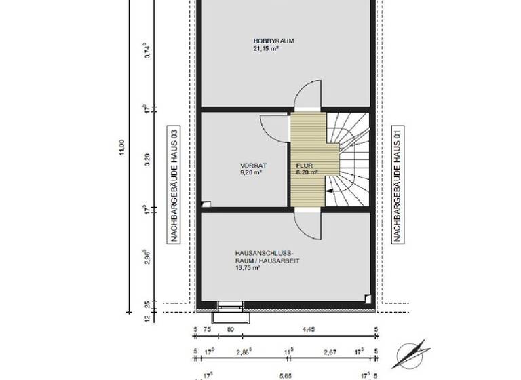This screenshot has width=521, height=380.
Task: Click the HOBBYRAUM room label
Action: click(273, 41)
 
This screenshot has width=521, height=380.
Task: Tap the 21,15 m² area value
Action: click(267, 49)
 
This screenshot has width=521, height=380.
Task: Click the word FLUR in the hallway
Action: click(303, 165)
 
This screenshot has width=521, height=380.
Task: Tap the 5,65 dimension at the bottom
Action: click(286, 374)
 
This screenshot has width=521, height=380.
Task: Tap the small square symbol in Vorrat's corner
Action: click(206, 204)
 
